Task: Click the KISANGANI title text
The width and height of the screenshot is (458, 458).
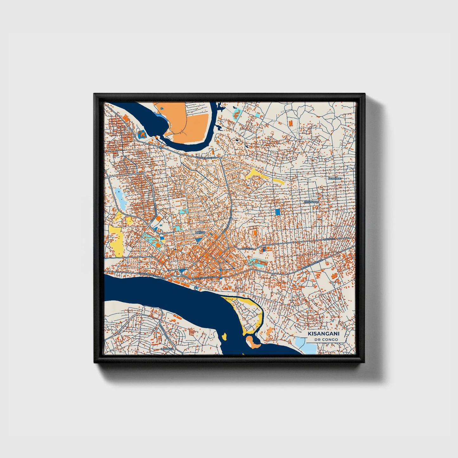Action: (324, 334)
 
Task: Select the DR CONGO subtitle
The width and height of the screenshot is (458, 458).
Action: (326, 339)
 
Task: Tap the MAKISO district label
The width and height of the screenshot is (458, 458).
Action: (200, 232)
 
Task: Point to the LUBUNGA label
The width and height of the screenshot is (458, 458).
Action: (168, 349)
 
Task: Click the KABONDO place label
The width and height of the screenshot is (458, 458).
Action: (335, 179)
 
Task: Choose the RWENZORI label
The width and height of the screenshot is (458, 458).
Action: (311, 202)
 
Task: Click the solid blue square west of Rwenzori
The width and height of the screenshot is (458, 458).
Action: (278, 212)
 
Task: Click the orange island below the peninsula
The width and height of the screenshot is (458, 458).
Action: (253, 342)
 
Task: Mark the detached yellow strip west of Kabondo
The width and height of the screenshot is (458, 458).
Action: (277, 182)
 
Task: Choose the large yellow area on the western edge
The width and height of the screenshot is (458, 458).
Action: (116, 239)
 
